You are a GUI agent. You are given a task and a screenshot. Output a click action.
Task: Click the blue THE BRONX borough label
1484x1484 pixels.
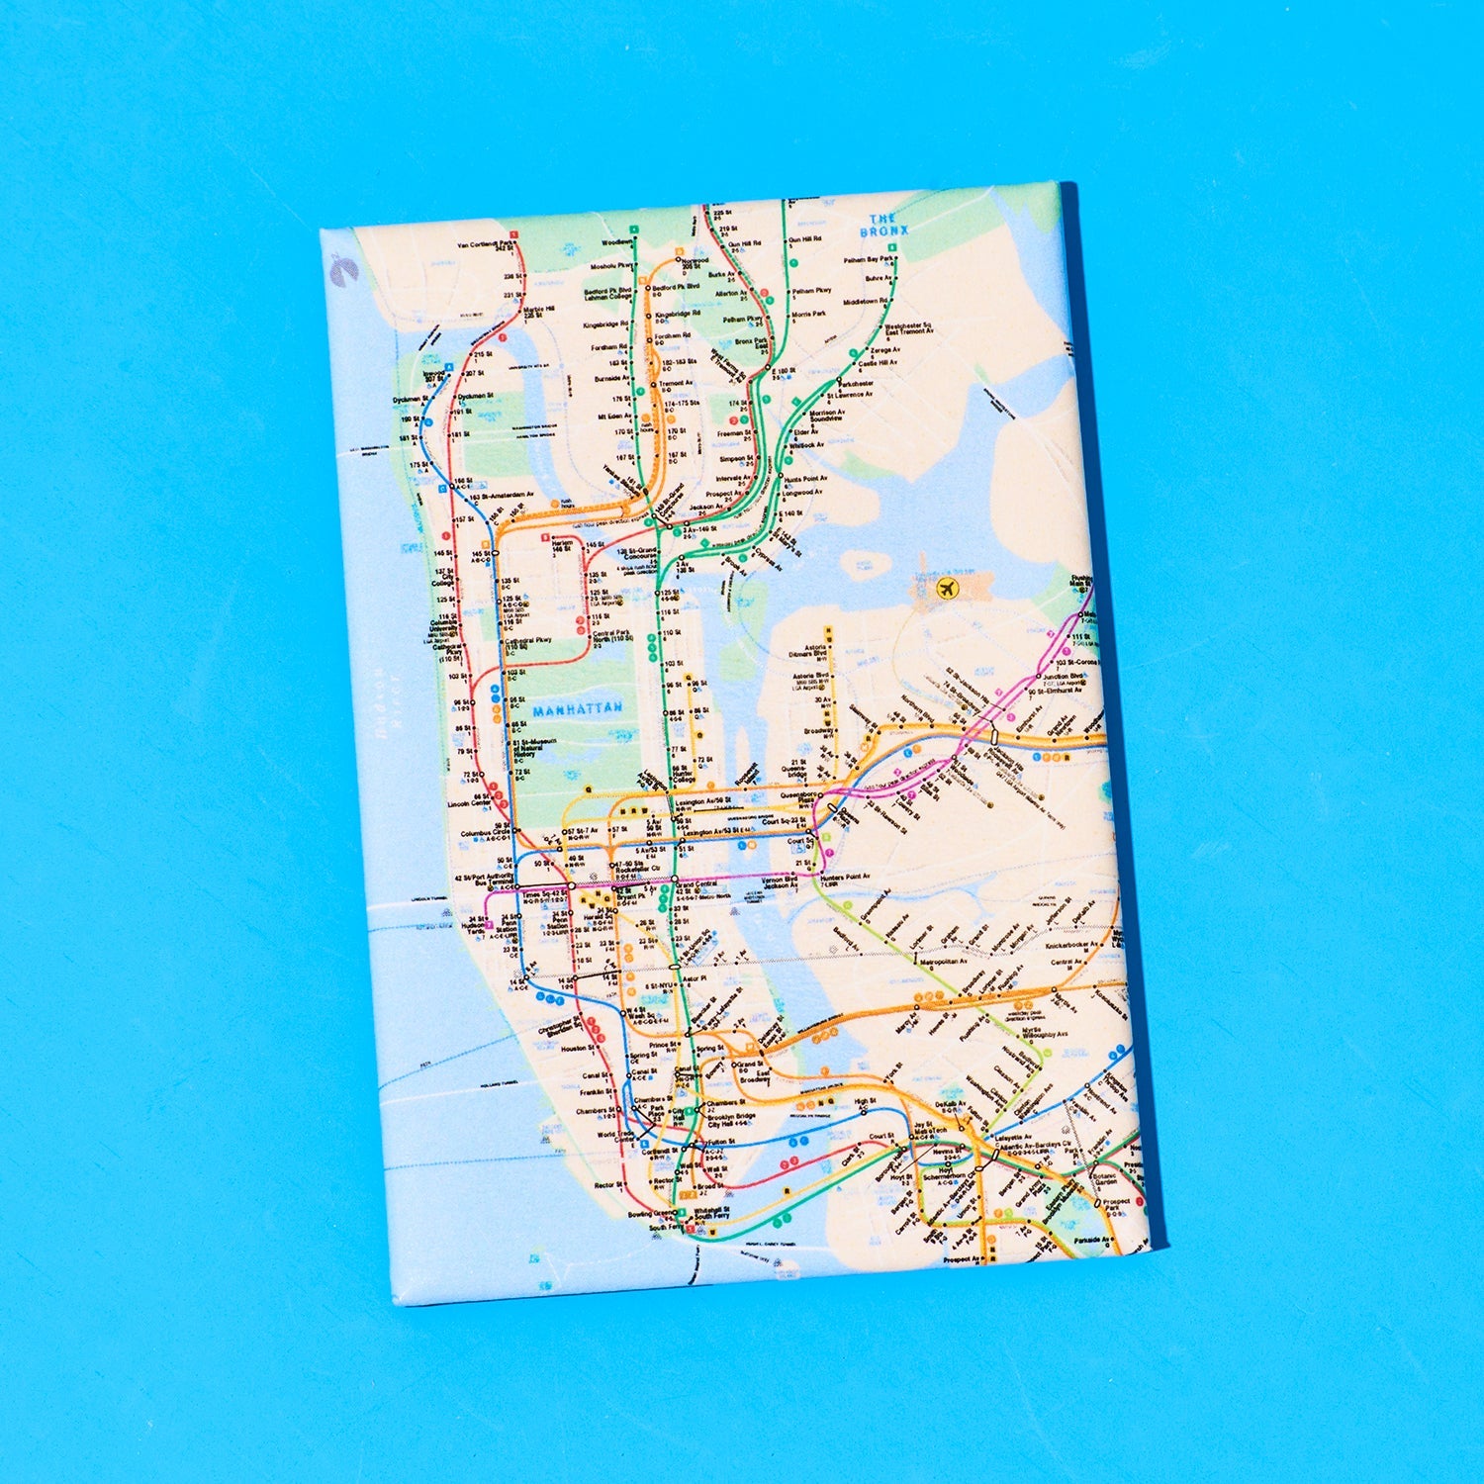(x=882, y=226)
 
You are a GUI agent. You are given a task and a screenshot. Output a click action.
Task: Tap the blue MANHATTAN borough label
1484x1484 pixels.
(x=578, y=708)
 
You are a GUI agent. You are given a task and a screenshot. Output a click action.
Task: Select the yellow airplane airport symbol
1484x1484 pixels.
(x=947, y=589)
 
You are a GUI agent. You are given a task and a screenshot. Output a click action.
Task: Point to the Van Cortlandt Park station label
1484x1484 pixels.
(x=487, y=244)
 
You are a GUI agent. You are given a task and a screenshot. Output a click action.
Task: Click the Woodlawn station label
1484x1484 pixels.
(x=617, y=242)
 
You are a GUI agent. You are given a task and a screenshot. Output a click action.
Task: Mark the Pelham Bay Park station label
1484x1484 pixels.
(x=870, y=259)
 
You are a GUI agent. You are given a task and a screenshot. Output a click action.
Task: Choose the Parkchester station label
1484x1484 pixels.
(x=856, y=384)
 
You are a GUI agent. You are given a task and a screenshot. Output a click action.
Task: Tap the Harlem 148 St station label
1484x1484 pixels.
(x=562, y=545)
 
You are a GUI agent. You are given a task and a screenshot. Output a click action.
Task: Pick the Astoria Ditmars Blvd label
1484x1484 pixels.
(x=809, y=651)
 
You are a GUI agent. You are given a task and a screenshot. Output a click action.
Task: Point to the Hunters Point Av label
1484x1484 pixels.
(x=846, y=877)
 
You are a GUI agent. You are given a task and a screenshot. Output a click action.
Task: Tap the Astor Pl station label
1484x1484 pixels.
(x=695, y=978)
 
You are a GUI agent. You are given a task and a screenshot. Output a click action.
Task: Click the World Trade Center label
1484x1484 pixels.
(x=616, y=1137)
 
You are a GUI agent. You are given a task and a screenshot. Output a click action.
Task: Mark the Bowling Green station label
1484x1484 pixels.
(x=651, y=1213)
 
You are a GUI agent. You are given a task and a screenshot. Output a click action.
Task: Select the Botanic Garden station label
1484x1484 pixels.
(x=1105, y=1179)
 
